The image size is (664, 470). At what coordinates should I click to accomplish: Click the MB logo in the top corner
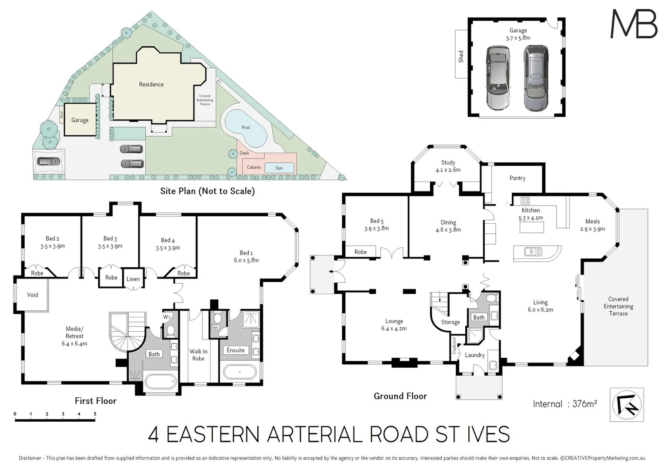tap(634, 24)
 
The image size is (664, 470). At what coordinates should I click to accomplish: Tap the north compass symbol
tap(627, 405)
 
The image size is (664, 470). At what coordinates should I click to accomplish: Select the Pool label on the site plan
tap(246, 128)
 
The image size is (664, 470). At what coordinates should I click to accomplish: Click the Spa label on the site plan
tap(279, 168)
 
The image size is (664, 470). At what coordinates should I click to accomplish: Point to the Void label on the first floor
tap(33, 295)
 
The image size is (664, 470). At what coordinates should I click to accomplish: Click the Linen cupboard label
tap(133, 279)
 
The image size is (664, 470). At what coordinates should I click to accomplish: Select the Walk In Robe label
tap(198, 355)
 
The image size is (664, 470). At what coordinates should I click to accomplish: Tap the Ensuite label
tap(236, 350)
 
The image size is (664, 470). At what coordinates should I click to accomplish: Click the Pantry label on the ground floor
tap(517, 178)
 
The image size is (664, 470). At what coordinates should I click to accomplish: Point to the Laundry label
tap(474, 355)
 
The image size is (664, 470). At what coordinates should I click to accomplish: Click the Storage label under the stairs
tap(450, 322)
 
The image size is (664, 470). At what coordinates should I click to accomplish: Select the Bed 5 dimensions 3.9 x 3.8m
tap(377, 228)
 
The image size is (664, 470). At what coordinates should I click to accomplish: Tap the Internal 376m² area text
tap(565, 404)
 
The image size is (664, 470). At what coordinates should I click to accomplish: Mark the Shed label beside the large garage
tap(461, 56)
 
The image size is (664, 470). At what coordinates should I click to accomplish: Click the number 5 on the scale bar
tap(95, 414)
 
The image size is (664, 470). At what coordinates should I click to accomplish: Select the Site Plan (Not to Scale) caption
tap(207, 191)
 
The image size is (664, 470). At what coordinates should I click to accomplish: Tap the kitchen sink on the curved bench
tap(533, 252)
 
